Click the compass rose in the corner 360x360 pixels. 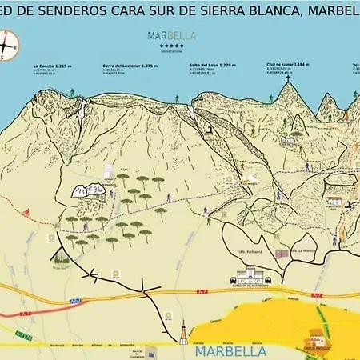tap(9, 46)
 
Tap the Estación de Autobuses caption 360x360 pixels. tap(251, 286)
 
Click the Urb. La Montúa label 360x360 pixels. tap(300, 251)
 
